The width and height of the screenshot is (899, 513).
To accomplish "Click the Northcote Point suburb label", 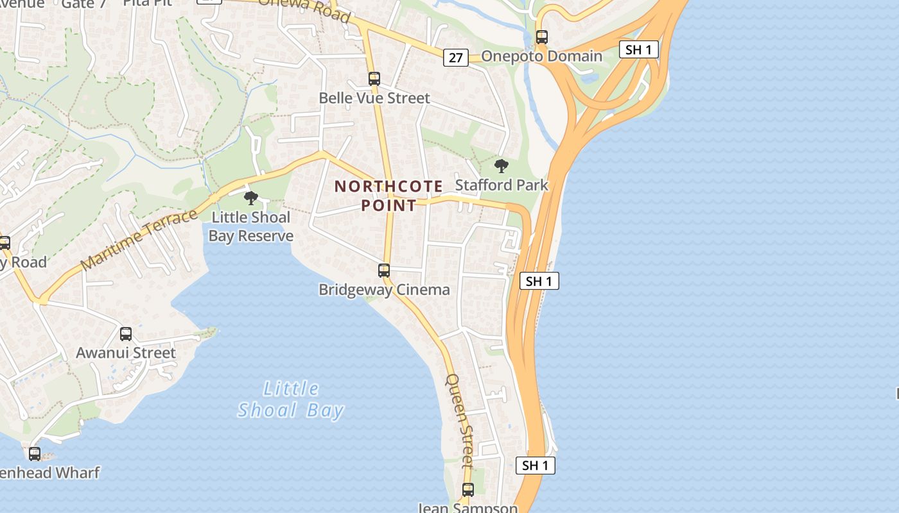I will pos(388,196).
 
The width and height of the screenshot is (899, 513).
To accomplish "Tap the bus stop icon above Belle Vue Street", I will pos(374,79).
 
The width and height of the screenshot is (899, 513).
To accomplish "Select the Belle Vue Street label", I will pos(374,98).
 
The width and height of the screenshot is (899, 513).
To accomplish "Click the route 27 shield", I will pos(455,58).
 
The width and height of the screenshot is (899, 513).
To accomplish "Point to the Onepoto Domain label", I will pos(541,56).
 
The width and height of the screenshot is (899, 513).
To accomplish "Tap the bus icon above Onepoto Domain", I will pos(542,37).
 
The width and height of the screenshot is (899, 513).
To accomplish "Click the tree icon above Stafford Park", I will pos(502,166).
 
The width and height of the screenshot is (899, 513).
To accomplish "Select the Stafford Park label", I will pos(502,185).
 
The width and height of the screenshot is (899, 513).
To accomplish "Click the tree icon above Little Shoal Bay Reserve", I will pos(251,198).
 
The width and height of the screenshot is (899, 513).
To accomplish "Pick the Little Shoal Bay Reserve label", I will pos(250,226).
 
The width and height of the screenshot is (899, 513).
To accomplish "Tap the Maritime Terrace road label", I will pos(139,239).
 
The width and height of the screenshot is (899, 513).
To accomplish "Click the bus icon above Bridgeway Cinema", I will pos(384,270).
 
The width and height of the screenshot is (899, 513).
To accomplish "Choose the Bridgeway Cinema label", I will pos(384,290).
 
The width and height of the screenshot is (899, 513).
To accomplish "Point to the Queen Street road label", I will pos(460,419).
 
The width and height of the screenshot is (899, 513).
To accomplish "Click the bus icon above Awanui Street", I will pos(126,333).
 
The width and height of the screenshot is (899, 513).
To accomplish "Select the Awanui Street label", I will pos(126,353).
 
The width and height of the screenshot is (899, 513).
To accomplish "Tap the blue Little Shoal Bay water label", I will pos(291,399).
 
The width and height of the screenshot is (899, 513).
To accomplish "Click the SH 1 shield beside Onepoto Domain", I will pos(639,49).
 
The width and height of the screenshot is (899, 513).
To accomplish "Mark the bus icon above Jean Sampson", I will pos(468,489).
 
